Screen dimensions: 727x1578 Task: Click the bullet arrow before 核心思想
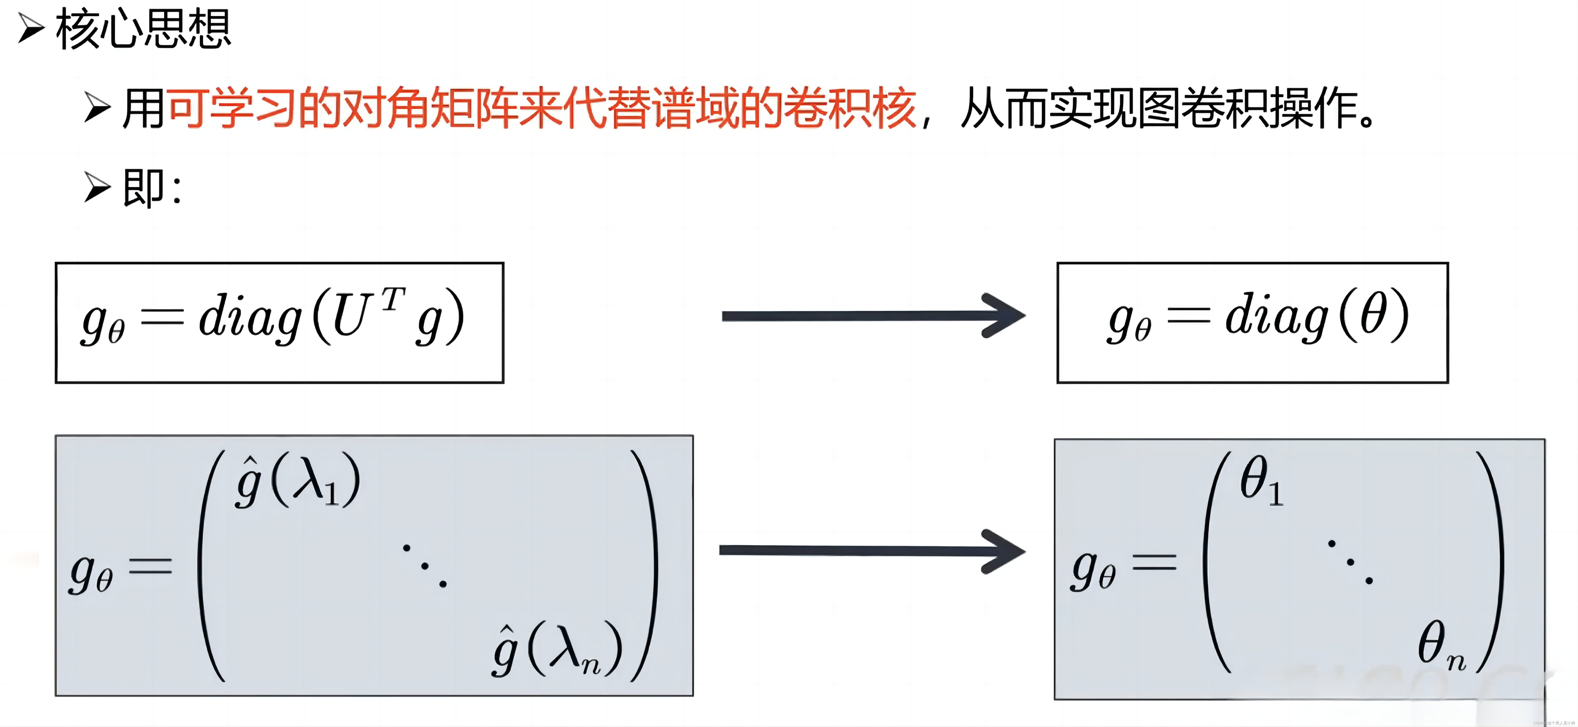31,29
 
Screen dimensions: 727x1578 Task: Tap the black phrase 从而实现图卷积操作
1167,109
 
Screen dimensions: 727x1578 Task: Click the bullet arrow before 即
97,187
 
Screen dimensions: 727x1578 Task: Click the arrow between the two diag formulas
873,316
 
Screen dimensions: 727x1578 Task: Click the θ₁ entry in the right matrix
1261,481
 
